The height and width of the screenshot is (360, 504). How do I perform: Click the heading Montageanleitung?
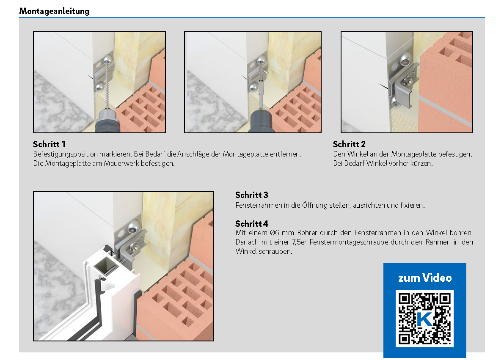tap(54, 11)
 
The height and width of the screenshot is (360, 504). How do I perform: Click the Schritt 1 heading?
tap(49, 144)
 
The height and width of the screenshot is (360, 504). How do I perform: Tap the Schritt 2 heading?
tap(349, 144)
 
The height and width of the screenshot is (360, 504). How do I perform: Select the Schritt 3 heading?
tap(251, 195)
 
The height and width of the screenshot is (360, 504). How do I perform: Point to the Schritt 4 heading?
tap(251, 223)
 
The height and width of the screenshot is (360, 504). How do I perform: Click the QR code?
tap(424, 318)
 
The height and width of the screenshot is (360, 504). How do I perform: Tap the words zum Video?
tap(425, 278)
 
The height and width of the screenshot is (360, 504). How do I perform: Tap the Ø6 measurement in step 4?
tap(275, 232)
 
